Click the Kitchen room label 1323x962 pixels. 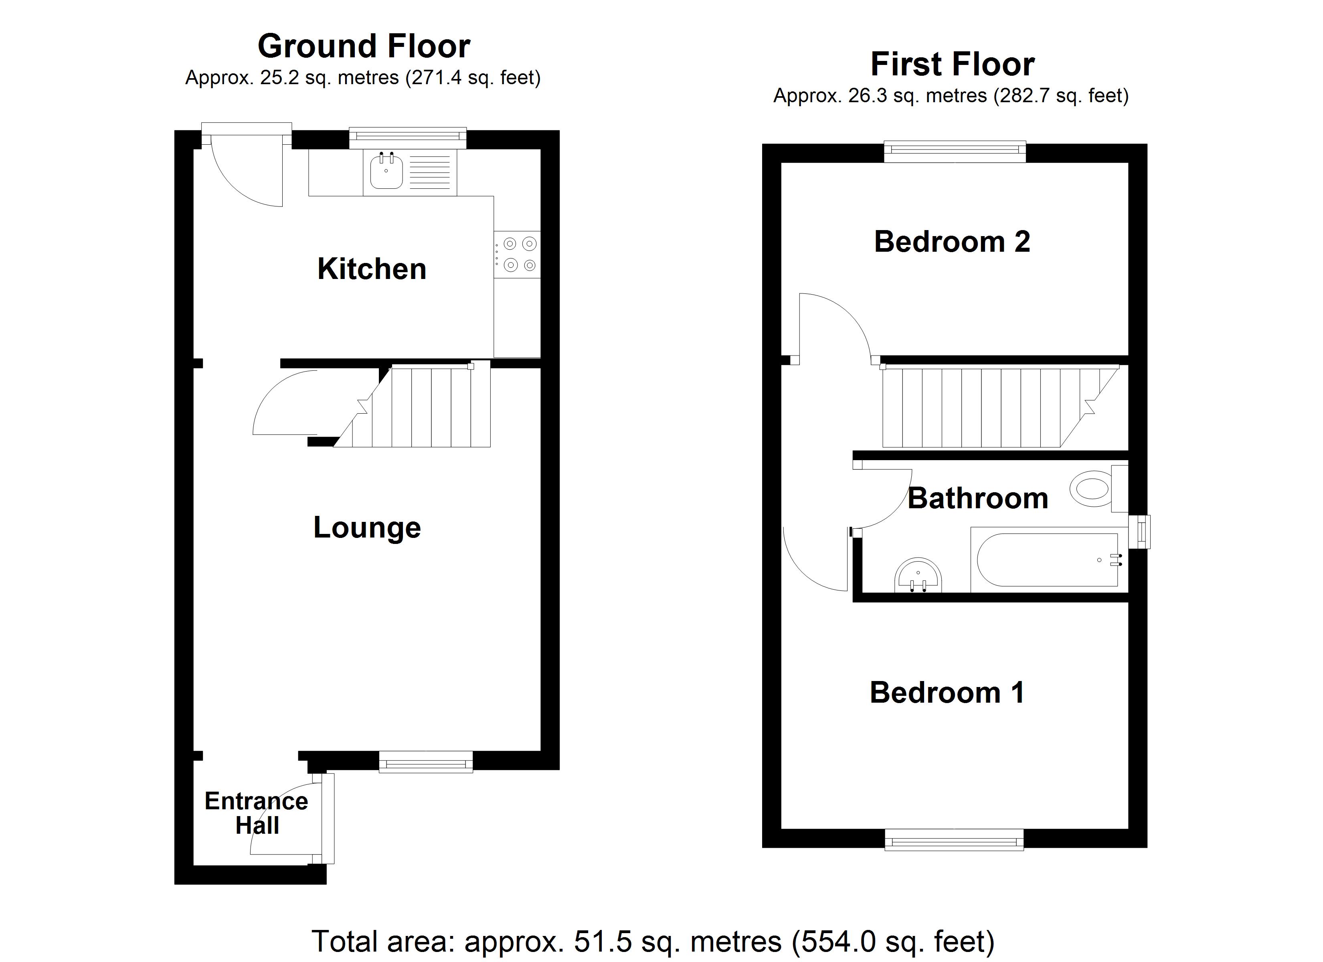(372, 269)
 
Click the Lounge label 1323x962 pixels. (367, 527)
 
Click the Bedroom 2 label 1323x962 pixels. (952, 242)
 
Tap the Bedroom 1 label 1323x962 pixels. (947, 693)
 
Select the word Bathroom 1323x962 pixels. (978, 498)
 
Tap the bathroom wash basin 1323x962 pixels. (918, 576)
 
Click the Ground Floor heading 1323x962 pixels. (364, 46)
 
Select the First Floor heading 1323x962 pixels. (952, 64)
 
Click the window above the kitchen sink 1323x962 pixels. (408, 137)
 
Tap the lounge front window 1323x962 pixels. (426, 762)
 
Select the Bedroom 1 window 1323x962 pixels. (954, 841)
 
